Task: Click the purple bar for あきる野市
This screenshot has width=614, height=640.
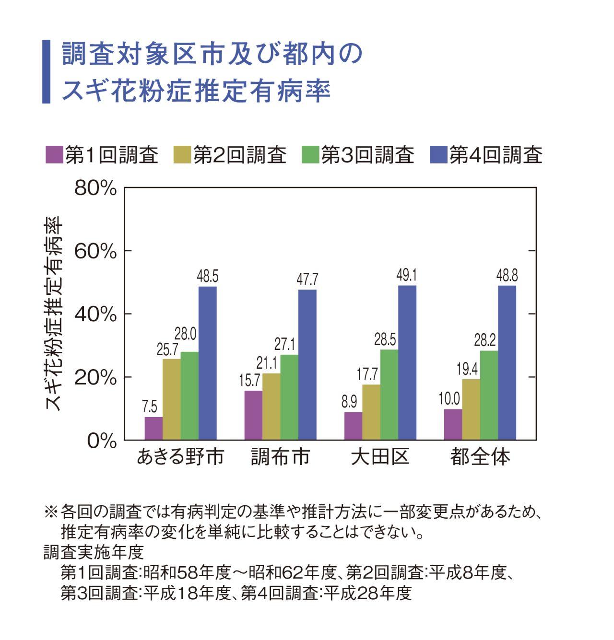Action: coord(153,428)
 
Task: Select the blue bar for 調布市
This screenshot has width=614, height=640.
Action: coord(307,364)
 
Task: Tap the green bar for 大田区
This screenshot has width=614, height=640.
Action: coord(389,395)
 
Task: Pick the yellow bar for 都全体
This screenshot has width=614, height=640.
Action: coord(471,409)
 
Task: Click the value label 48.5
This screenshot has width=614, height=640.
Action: coord(208,277)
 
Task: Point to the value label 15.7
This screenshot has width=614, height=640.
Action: coord(249,381)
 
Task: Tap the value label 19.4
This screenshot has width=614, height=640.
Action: coord(467,370)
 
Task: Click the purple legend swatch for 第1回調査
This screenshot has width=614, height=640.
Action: coord(54,154)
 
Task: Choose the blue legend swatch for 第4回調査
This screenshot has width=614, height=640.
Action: coord(438,154)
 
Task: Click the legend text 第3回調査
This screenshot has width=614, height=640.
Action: coord(367,155)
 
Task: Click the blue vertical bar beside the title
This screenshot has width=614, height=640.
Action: coord(47,72)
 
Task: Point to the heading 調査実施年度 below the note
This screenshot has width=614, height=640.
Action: coord(94,553)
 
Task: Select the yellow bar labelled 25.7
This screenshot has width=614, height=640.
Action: coord(171,399)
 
